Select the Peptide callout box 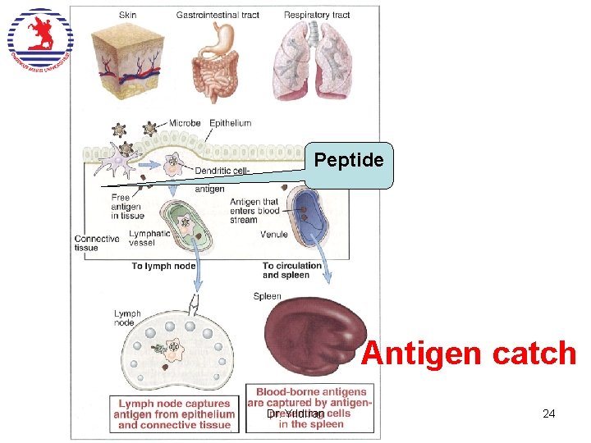click(349, 162)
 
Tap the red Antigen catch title click(469, 354)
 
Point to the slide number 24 click(549, 414)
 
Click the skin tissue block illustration click(128, 55)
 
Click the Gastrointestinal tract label click(218, 15)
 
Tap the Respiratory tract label click(317, 15)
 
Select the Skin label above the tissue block click(128, 15)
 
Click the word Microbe click(185, 123)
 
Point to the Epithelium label click(230, 123)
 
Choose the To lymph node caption click(163, 266)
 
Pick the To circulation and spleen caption click(292, 270)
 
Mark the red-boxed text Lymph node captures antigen click(174, 414)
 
